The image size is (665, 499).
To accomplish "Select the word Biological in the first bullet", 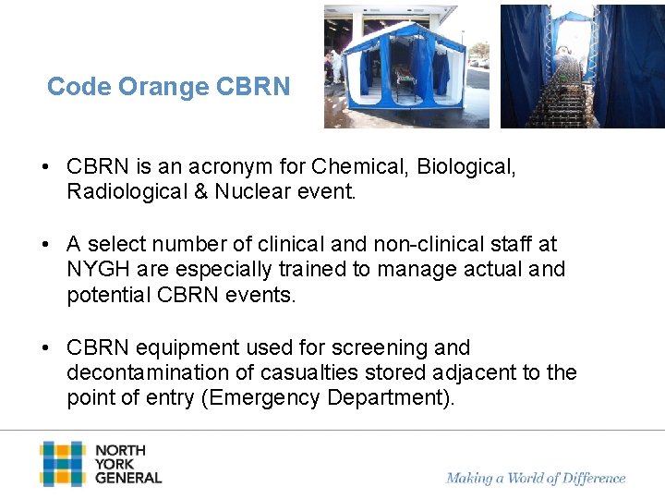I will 466,167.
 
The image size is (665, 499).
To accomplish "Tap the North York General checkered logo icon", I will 62,463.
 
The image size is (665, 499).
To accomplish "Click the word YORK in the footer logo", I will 115,464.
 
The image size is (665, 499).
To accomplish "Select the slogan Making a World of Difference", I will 536,478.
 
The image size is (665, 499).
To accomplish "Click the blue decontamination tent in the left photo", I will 406,69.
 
